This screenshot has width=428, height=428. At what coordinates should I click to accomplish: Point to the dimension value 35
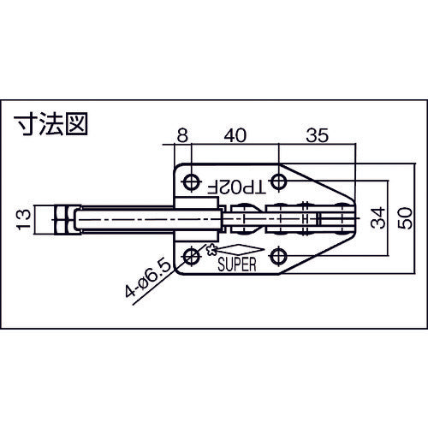tap(317, 134)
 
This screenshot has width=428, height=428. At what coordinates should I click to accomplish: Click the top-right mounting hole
tap(278, 182)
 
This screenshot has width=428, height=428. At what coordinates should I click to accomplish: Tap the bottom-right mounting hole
tap(278, 256)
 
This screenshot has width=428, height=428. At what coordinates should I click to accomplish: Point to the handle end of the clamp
tap(342, 219)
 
